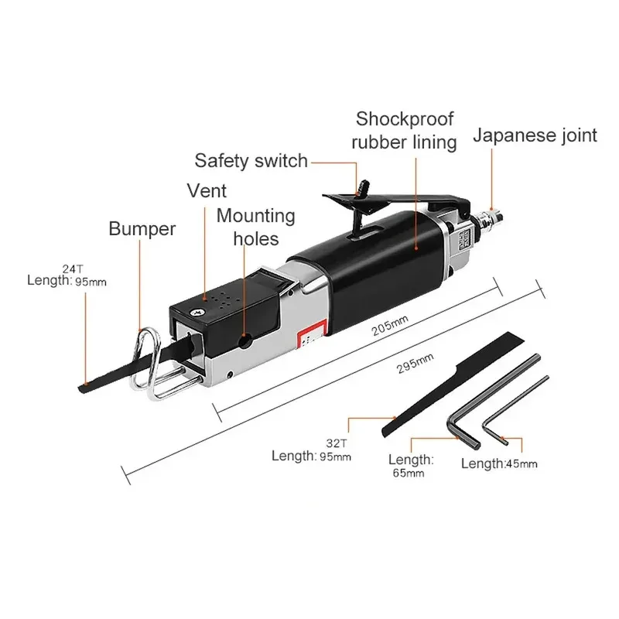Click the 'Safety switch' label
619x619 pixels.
(251, 161)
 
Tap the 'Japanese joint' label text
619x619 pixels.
(535, 135)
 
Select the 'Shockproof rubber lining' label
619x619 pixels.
(405, 131)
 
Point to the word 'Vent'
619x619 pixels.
(207, 190)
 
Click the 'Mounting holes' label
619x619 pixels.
(255, 226)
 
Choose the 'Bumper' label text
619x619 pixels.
(142, 228)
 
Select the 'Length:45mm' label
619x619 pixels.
(499, 463)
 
